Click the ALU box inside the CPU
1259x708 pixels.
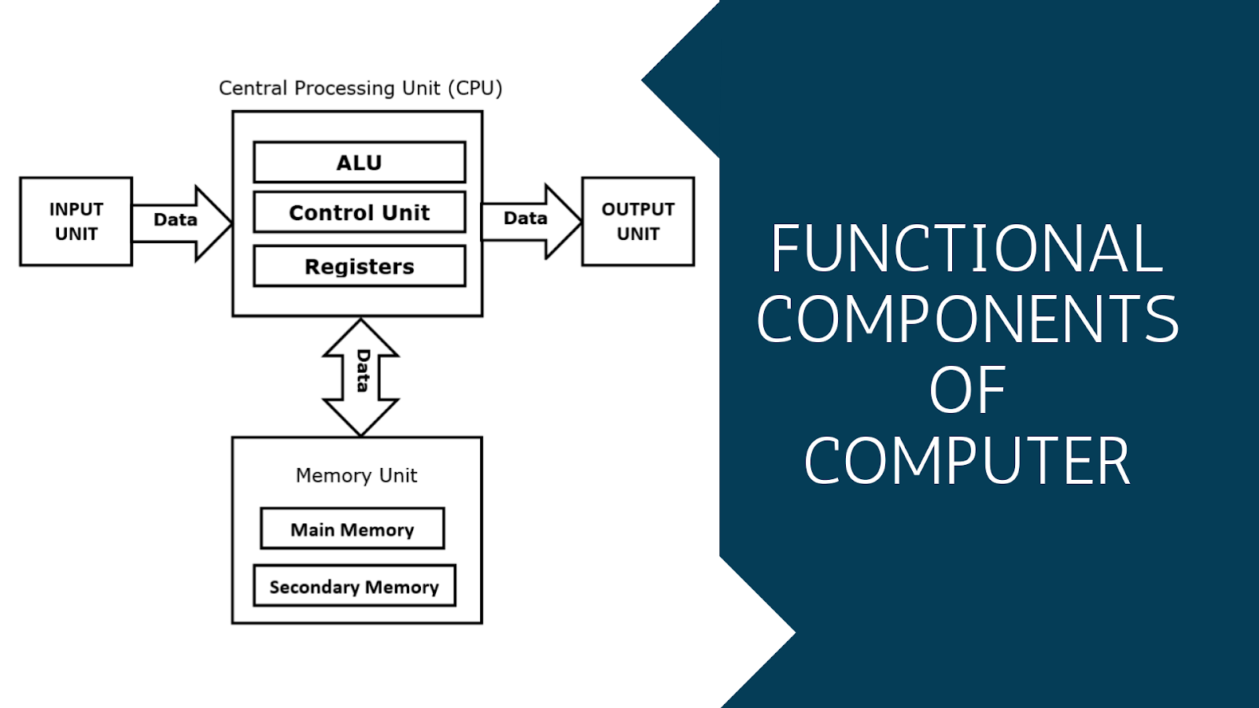[x=359, y=162]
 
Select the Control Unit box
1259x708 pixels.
[x=359, y=212]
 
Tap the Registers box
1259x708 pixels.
[x=359, y=267]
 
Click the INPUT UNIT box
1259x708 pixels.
[x=76, y=222]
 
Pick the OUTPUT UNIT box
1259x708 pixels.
[x=637, y=222]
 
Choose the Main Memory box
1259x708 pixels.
[x=352, y=529]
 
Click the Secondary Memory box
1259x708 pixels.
[x=354, y=587]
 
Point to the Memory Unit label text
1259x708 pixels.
[x=356, y=475]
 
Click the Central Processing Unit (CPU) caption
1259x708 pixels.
[x=360, y=88]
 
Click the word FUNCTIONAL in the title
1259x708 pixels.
[x=966, y=249]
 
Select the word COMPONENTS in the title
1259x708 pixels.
[x=967, y=319]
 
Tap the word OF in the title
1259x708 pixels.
[x=967, y=390]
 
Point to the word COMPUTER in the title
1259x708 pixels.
[x=967, y=461]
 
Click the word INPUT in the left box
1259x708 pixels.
[x=76, y=209]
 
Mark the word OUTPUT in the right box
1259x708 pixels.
[x=637, y=209]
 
